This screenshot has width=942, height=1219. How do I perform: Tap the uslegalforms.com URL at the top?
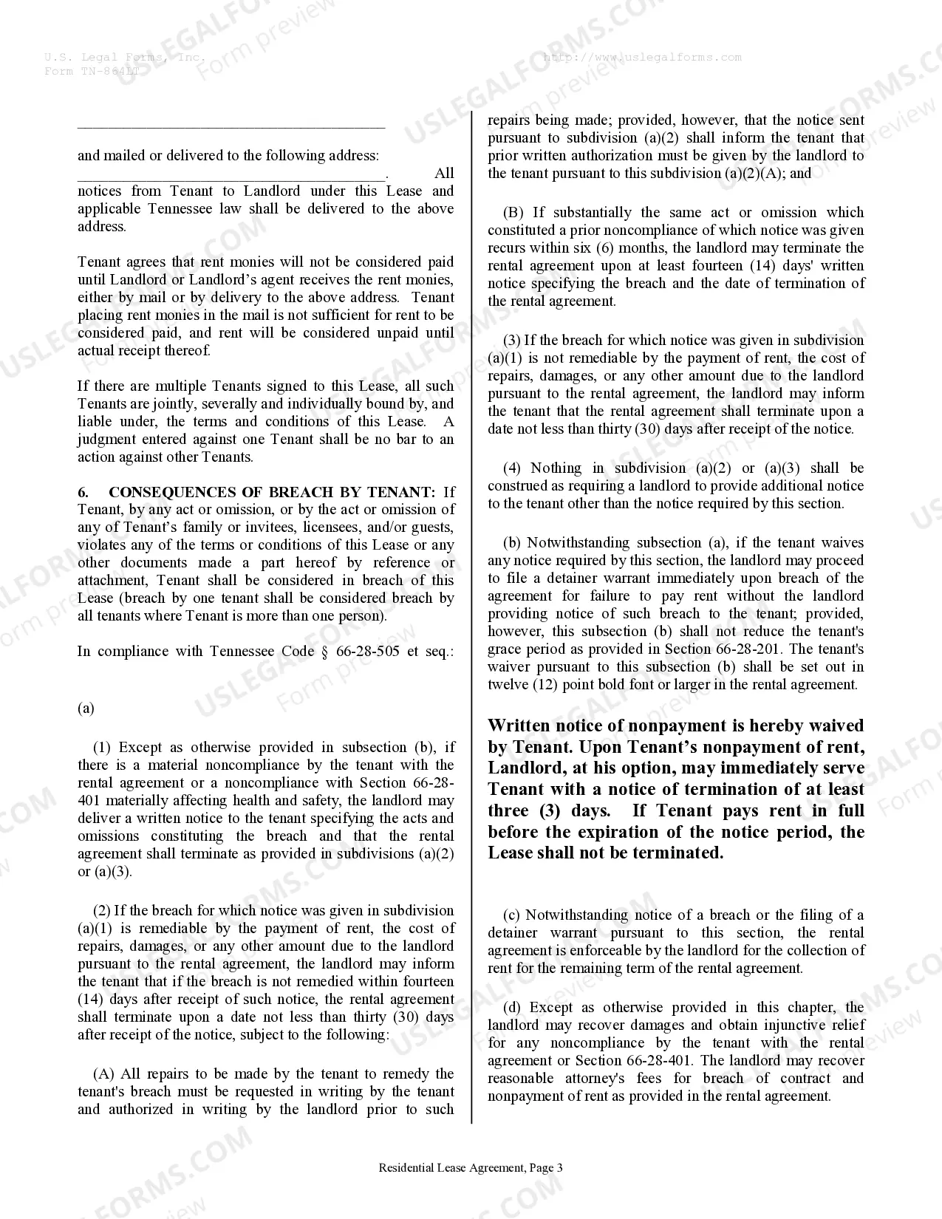642,58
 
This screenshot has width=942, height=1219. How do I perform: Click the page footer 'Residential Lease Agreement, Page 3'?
471,1168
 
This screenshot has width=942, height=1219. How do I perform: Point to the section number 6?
83,492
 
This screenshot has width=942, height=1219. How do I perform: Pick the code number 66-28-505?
368,652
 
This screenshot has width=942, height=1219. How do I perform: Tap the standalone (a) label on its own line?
86,708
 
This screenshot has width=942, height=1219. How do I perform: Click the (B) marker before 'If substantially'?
513,213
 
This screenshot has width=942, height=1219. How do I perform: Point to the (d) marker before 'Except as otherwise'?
512,1008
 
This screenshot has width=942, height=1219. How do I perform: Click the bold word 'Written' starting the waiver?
521,726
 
